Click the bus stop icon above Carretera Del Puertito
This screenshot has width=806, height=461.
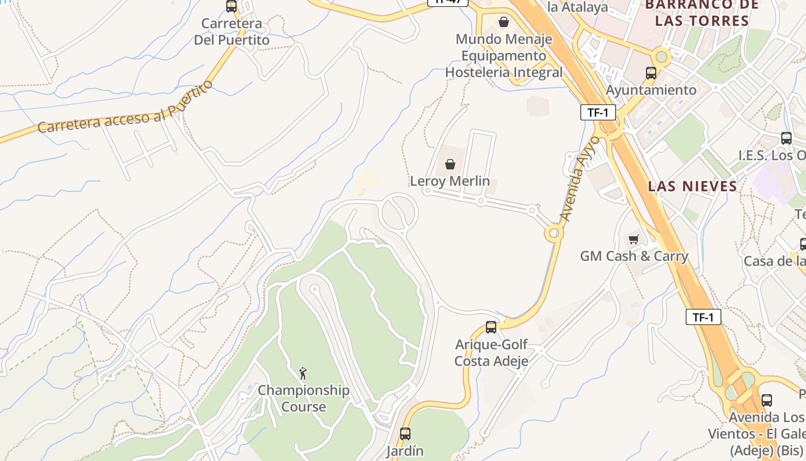click(231, 6)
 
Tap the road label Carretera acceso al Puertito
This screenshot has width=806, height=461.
click(125, 108)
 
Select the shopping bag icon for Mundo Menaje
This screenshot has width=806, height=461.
click(504, 22)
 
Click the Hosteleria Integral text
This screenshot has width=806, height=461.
click(504, 73)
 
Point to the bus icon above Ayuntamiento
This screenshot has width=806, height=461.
click(651, 73)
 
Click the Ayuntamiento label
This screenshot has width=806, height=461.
click(651, 90)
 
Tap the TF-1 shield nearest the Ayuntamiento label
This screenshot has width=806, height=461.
click(598, 112)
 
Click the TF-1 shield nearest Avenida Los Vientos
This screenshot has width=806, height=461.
click(703, 317)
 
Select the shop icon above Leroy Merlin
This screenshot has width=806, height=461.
click(450, 165)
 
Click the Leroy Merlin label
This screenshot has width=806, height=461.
click(450, 181)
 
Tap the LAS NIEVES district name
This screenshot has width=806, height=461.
click(693, 186)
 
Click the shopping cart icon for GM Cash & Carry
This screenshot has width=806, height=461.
click(634, 239)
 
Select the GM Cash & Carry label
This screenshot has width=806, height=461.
click(634, 256)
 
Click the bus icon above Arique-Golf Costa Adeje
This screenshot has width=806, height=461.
click(491, 327)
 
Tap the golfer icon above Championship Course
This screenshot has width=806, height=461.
click(303, 373)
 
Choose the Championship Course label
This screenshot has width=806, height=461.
click(303, 398)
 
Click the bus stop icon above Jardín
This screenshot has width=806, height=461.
click(405, 434)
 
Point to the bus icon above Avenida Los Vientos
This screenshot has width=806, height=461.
click(766, 400)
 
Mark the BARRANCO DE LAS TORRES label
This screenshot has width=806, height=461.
click(697, 13)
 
